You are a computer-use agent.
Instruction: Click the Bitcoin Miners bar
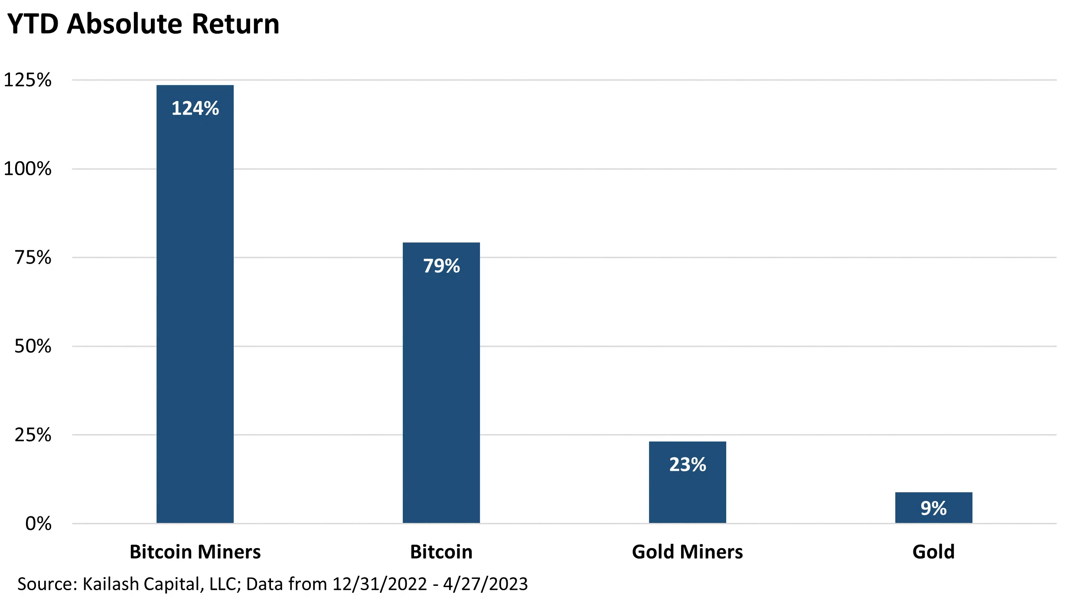(195, 304)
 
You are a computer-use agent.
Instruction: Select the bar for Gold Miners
(687, 494)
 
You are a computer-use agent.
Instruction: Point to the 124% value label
(195, 108)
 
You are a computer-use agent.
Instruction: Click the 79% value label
(441, 266)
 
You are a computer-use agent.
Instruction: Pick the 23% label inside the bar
(688, 464)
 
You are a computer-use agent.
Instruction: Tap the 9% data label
(933, 508)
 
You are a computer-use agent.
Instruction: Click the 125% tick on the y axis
(27, 80)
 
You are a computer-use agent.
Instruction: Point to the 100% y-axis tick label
(27, 169)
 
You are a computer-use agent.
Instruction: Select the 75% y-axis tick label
(33, 258)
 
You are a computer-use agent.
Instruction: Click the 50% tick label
(33, 346)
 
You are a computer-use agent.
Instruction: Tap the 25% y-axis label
(33, 435)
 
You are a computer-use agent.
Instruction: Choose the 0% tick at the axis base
(38, 523)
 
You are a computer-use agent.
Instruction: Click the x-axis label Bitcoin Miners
(195, 552)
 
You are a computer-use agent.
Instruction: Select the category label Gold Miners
(687, 552)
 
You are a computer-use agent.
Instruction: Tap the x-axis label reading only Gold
(933, 552)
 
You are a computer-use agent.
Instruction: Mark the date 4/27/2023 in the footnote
(485, 584)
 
